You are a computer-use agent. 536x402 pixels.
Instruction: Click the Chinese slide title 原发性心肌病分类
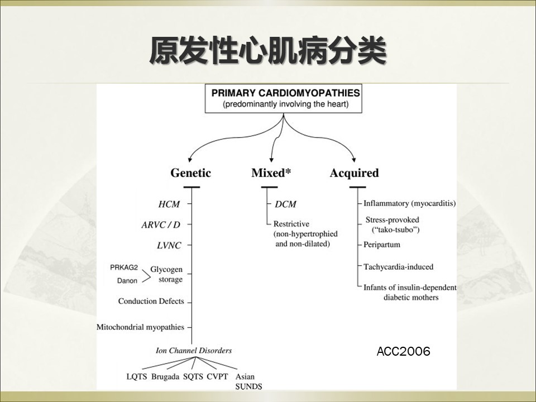(x=268, y=51)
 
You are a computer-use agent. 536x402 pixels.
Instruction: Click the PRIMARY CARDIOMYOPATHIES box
(x=284, y=98)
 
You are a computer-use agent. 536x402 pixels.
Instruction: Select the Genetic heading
(x=191, y=173)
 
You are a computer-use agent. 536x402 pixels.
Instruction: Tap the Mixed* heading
(x=271, y=173)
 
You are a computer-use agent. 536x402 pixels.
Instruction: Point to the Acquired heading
(x=354, y=173)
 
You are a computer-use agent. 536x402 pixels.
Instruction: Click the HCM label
(x=169, y=204)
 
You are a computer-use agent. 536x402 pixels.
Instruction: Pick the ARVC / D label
(x=161, y=224)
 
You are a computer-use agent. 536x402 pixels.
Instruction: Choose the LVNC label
(x=169, y=246)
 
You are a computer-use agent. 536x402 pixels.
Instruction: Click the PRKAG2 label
(x=124, y=267)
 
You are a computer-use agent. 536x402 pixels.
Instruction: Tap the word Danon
(x=127, y=281)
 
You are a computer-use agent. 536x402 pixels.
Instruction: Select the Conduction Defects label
(x=151, y=301)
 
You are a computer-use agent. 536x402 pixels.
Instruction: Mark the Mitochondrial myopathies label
(x=141, y=327)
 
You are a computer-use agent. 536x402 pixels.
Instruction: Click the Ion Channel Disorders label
(x=194, y=351)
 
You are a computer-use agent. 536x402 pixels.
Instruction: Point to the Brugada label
(x=165, y=377)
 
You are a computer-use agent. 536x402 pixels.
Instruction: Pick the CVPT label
(x=217, y=377)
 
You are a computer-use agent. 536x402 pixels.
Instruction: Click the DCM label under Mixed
(x=285, y=204)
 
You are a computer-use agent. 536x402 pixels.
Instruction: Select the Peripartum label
(x=382, y=245)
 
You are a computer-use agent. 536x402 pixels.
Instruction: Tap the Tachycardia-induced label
(x=398, y=267)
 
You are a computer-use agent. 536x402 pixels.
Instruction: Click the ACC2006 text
(x=403, y=351)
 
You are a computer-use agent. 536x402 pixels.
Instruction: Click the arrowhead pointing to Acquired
(x=354, y=159)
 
